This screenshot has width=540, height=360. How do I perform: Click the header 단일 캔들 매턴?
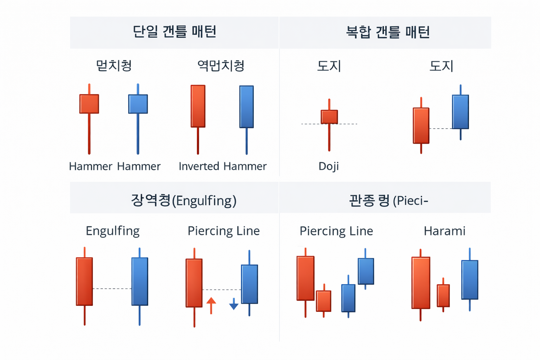click(x=174, y=32)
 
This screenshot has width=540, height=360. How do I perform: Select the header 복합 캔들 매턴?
click(x=388, y=32)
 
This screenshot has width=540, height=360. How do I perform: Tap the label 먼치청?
click(x=114, y=66)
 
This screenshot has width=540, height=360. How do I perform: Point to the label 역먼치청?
click(x=221, y=66)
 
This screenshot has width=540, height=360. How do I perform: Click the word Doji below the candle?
click(x=328, y=166)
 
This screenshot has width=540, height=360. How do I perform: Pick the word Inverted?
click(x=199, y=166)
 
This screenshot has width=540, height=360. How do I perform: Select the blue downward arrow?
click(x=234, y=304)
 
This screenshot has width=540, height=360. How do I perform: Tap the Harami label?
click(x=444, y=231)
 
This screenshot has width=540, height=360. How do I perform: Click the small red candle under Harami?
click(x=443, y=295)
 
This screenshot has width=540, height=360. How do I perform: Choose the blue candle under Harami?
click(x=470, y=279)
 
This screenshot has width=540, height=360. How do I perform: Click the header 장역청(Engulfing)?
click(x=184, y=200)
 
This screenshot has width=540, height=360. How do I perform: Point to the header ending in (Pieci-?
click(x=388, y=201)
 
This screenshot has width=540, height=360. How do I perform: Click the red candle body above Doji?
click(x=329, y=117)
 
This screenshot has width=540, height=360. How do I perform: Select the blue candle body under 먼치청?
click(x=138, y=104)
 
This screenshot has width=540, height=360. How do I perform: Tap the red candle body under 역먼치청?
click(x=198, y=106)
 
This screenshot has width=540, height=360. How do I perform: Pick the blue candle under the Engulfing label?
click(x=140, y=281)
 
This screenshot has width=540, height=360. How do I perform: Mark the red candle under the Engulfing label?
click(x=84, y=281)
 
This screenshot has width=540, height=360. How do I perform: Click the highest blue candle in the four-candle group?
click(x=366, y=271)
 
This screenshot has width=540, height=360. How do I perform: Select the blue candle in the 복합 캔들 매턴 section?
click(x=460, y=112)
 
